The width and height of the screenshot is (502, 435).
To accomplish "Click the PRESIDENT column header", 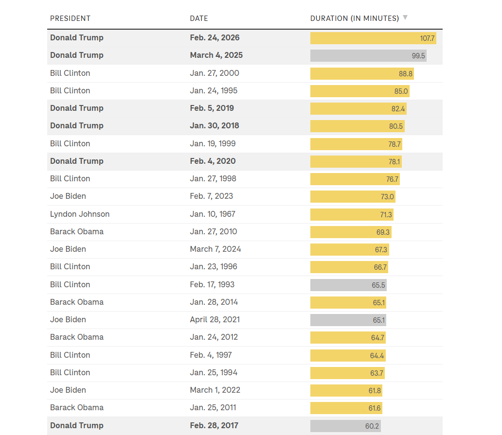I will (70, 18).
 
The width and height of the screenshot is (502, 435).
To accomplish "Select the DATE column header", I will (199, 18).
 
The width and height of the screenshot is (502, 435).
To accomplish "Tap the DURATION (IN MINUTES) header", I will (355, 18).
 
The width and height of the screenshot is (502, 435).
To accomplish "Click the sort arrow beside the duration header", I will (405, 18).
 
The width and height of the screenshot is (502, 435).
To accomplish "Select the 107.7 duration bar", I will (373, 38).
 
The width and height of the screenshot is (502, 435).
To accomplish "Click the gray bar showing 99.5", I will (368, 55).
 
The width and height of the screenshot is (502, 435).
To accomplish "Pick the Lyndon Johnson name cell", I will (80, 214).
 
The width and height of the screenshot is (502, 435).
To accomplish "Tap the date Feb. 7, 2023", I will (211, 196).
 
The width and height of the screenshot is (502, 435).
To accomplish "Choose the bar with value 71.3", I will (352, 214).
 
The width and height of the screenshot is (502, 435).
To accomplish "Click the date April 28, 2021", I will (215, 319).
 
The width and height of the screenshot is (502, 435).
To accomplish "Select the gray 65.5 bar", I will (348, 285).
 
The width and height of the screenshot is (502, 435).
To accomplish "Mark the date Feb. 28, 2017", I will (214, 425).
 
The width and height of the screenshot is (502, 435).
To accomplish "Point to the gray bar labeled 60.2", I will (345, 426).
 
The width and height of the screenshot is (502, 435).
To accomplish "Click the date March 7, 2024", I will (215, 249).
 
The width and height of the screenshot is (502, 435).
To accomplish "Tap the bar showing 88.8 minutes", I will (362, 73).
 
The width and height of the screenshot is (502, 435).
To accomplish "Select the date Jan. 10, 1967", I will (213, 214).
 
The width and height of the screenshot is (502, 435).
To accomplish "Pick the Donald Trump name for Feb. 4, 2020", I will (77, 161).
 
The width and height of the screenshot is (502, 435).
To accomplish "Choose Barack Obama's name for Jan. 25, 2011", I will (77, 407).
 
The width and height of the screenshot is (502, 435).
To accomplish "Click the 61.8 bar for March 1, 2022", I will (347, 390).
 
